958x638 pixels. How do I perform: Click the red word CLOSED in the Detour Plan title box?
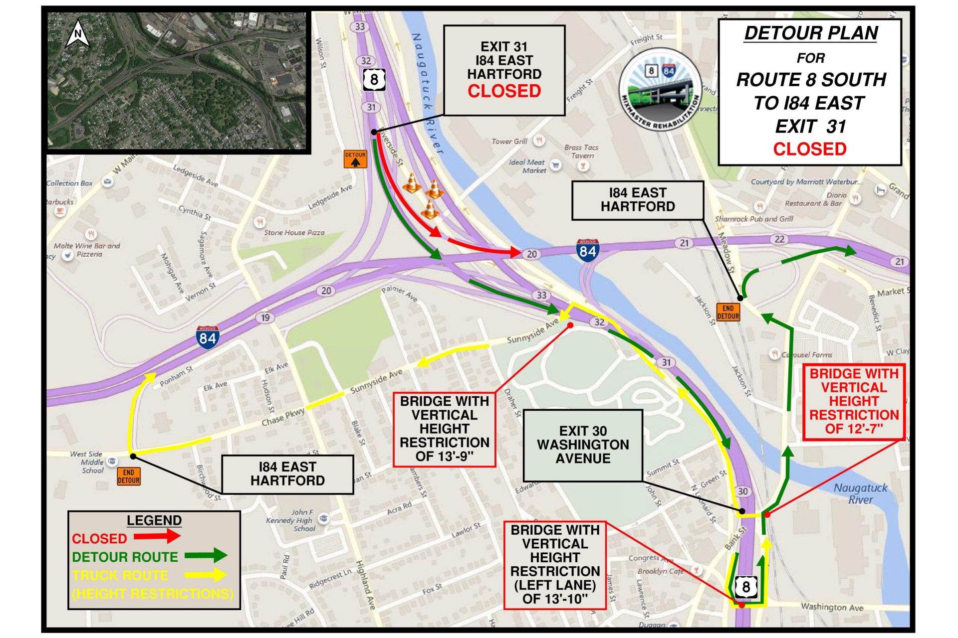click(x=809, y=149)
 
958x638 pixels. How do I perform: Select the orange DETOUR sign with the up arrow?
click(x=355, y=159)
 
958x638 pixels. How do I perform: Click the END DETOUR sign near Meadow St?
click(x=728, y=312)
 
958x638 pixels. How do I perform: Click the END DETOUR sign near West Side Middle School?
click(x=128, y=477)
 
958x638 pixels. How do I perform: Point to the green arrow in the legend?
click(x=206, y=555)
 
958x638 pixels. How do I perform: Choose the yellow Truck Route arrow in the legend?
click(x=206, y=575)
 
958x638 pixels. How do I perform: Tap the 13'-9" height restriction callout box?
click(x=444, y=429)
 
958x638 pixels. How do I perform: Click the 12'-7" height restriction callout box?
click(x=854, y=401)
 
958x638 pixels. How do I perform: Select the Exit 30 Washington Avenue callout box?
click(x=583, y=445)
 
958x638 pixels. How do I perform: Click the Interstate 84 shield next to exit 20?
click(x=587, y=250)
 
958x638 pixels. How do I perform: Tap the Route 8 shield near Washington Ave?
click(x=745, y=587)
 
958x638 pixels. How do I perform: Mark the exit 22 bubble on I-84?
click(x=779, y=239)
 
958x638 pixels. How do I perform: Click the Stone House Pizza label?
click(x=294, y=233)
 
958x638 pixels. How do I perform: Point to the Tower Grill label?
click(x=509, y=142)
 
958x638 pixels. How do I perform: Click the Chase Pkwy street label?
click(x=282, y=417)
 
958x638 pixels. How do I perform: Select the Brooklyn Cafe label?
click(x=660, y=571)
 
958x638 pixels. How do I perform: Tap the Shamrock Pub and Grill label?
click(x=753, y=219)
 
